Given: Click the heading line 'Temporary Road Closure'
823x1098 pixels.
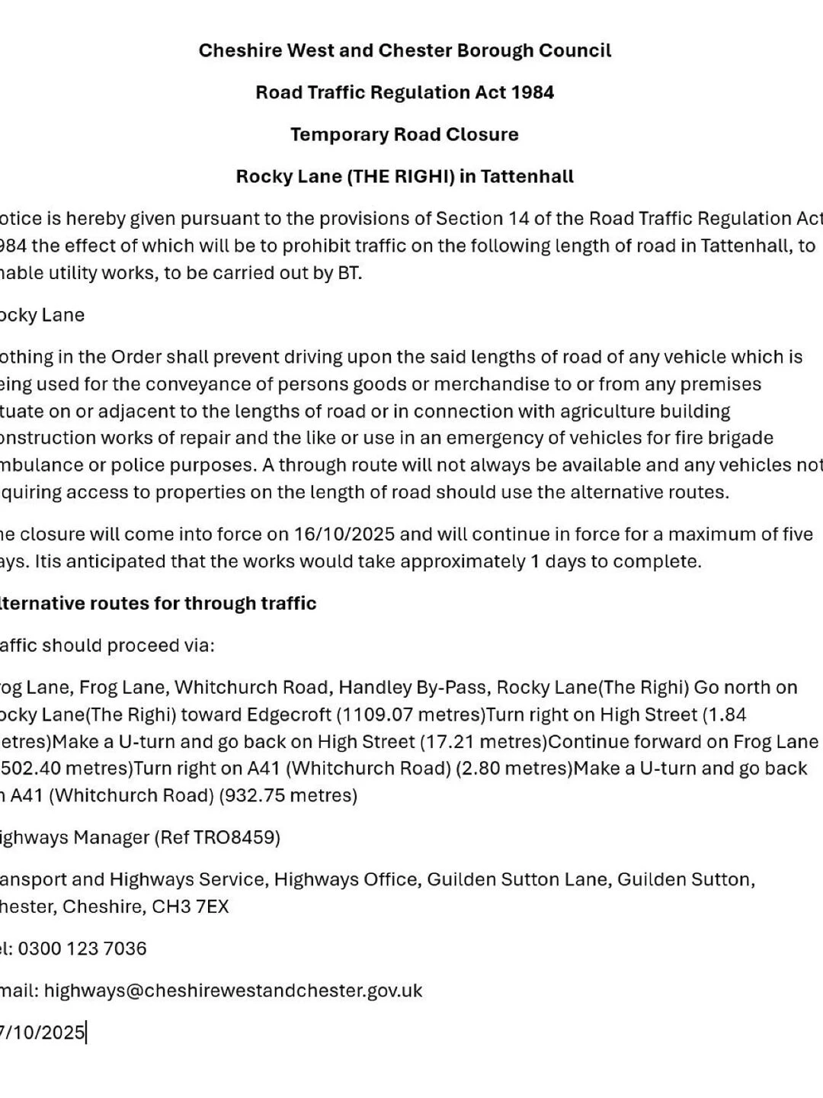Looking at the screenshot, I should click(x=404, y=135).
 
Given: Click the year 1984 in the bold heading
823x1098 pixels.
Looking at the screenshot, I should click(x=532, y=93).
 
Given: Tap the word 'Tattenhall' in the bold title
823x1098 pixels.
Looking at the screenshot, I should click(x=527, y=177).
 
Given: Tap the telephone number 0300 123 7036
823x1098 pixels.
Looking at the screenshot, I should click(x=82, y=949).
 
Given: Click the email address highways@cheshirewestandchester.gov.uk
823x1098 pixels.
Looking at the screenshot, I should click(x=233, y=990).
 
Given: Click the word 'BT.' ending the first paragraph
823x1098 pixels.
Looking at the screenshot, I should click(x=349, y=273).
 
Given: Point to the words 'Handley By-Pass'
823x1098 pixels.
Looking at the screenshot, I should click(x=412, y=687).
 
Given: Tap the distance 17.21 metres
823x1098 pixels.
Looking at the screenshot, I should click(x=488, y=741).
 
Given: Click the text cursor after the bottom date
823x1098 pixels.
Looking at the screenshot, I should click(x=86, y=1032).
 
